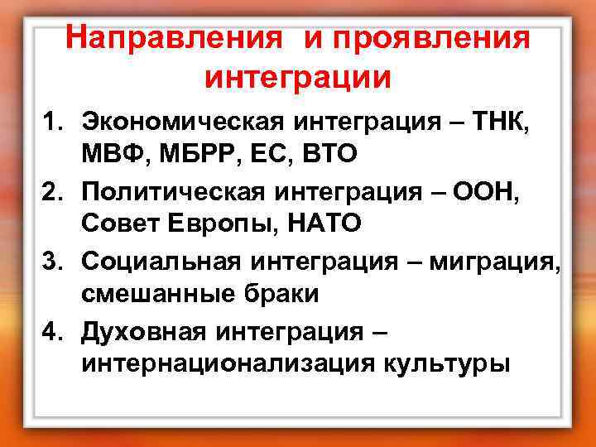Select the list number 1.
point(53,123)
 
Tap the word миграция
point(494,262)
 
